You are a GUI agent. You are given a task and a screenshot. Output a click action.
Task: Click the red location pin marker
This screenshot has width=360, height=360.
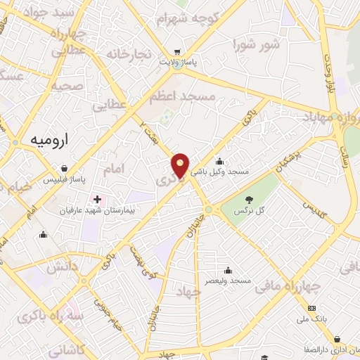[181, 165]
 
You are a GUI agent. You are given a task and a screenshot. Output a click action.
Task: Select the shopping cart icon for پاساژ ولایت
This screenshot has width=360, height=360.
[177, 52]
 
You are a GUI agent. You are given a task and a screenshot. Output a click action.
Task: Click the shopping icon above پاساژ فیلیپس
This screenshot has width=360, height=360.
[65, 169]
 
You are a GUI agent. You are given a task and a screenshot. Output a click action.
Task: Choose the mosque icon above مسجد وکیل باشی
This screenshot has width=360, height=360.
[220, 160]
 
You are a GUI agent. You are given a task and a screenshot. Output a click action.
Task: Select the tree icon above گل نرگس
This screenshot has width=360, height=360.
[250, 199]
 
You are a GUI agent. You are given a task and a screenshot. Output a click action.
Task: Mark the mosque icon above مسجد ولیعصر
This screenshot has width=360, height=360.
[227, 270]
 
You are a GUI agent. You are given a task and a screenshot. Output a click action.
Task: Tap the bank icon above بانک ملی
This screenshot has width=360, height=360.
[312, 309]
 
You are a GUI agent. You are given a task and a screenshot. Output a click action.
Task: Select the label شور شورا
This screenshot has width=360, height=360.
[256, 45]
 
